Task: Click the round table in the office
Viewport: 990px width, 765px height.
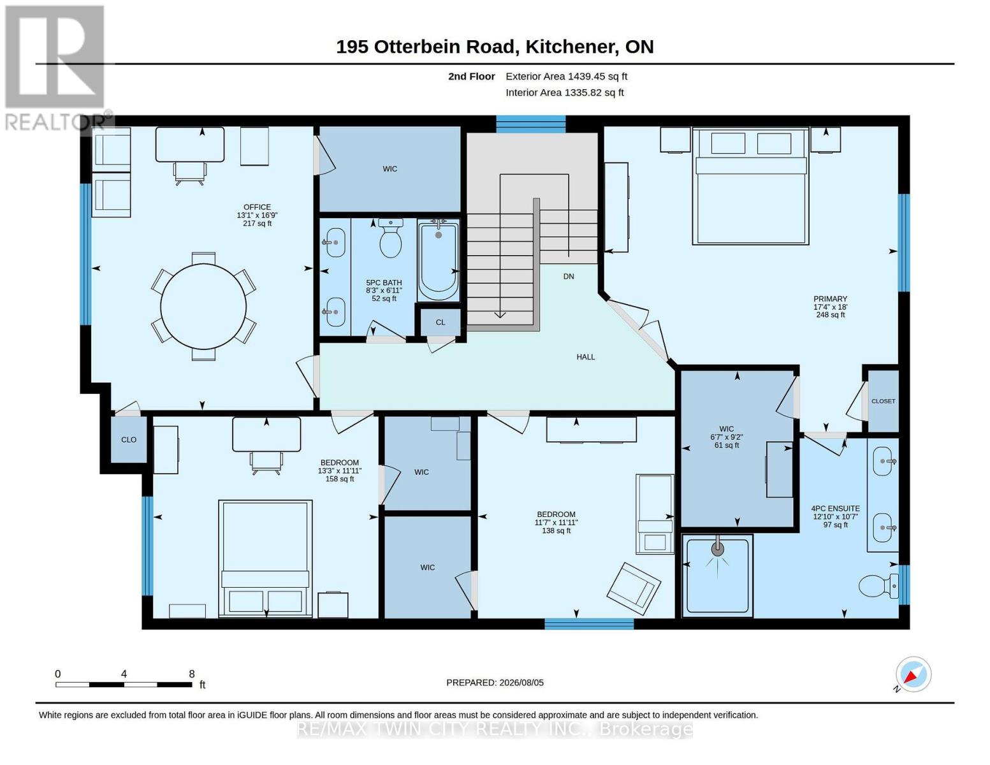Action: [203, 307]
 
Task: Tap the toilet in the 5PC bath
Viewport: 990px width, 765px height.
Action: [390, 238]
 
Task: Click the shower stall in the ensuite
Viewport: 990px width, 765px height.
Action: [717, 576]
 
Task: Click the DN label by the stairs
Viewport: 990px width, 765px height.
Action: [569, 277]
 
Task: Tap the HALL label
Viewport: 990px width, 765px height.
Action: [585, 357]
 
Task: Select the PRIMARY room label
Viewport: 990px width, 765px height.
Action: [830, 299]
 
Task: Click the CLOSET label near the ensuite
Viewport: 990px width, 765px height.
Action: [883, 402]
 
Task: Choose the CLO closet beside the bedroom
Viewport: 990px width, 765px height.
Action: [129, 440]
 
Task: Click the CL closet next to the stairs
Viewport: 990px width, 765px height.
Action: [440, 322]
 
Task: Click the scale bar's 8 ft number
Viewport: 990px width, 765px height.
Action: [192, 674]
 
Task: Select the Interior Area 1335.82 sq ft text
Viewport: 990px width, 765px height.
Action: [564, 92]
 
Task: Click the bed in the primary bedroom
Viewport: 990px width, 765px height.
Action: [750, 186]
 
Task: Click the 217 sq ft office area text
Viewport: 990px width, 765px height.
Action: [257, 223]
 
